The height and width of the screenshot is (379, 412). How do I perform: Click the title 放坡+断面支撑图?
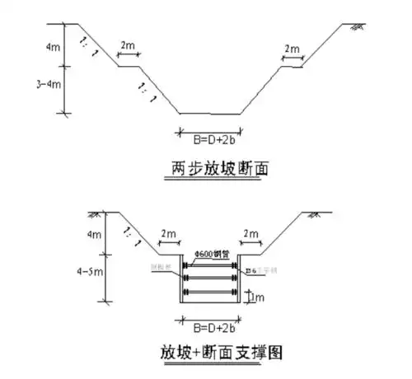[x=218, y=353]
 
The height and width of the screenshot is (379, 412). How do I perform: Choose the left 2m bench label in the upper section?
[x=127, y=46]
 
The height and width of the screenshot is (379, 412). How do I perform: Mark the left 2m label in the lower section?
[x=168, y=235]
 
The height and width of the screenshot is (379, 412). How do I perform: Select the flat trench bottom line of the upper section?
[x=210, y=114]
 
